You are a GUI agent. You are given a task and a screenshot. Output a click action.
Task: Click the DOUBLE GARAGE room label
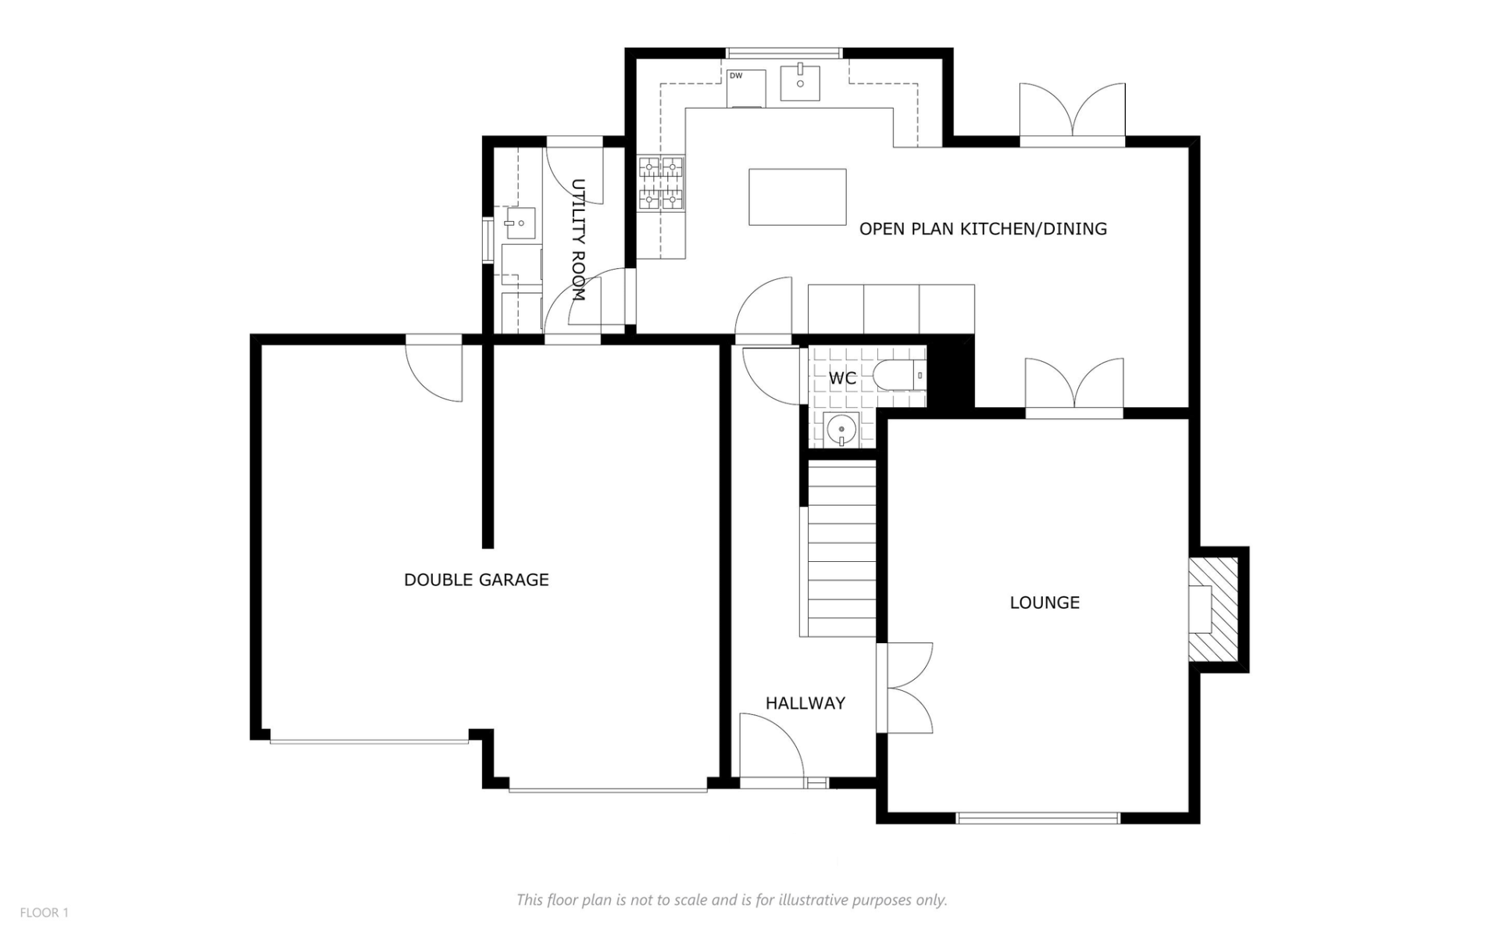tap(476, 580)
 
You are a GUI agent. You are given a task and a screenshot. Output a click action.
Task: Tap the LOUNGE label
tap(1045, 603)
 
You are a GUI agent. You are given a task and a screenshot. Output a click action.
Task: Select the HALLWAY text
tap(805, 703)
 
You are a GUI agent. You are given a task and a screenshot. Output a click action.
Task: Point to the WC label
tap(842, 378)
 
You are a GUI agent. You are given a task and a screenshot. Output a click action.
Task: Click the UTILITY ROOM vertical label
tap(578, 241)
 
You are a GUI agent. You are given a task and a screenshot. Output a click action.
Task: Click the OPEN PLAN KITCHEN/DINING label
tap(983, 229)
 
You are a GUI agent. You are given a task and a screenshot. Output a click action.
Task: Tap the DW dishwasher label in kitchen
tap(736, 76)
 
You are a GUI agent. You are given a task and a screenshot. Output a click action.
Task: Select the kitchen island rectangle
tap(797, 197)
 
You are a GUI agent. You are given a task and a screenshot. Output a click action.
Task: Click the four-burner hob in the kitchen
tap(661, 184)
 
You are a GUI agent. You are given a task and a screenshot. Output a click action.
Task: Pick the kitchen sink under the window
tap(800, 84)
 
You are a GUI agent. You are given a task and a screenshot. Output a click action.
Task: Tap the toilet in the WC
tap(898, 376)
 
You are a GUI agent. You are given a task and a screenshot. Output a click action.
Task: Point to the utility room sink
tap(519, 224)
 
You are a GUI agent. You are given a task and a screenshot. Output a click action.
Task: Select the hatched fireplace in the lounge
tap(1213, 610)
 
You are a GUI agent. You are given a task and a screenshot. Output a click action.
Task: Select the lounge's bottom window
tap(1037, 818)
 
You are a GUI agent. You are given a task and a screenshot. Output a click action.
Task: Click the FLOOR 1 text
tap(45, 913)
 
